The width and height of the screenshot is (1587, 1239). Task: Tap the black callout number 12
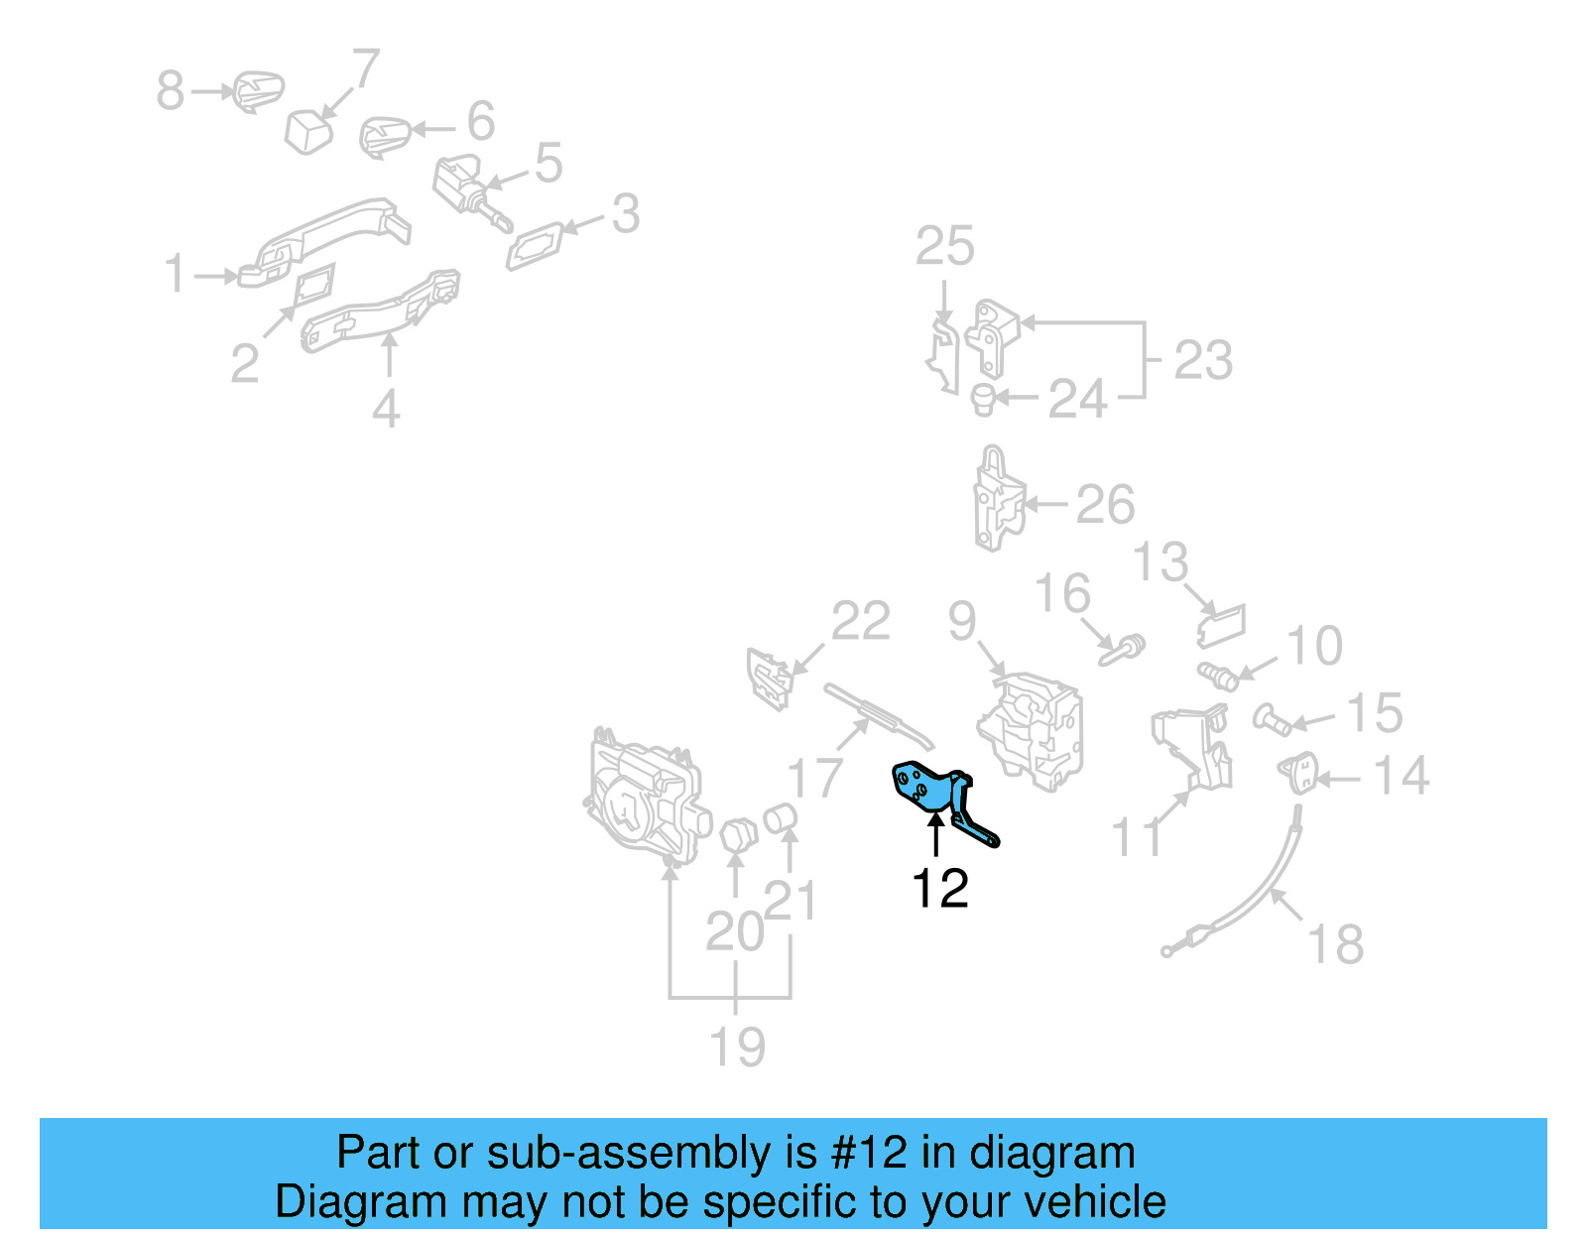[939, 888]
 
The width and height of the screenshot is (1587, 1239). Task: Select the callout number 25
[944, 246]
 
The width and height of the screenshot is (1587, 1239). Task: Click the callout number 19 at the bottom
[737, 1047]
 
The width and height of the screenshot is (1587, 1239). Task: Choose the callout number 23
[1203, 359]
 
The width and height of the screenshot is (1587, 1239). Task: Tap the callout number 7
[366, 69]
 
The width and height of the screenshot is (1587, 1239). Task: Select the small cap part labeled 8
[259, 91]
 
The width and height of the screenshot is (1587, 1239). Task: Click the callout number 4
[386, 408]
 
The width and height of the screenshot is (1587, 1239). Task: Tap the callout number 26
[1105, 504]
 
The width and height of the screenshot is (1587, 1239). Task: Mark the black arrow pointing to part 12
[935, 834]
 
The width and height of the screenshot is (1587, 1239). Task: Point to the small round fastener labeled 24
[982, 399]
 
